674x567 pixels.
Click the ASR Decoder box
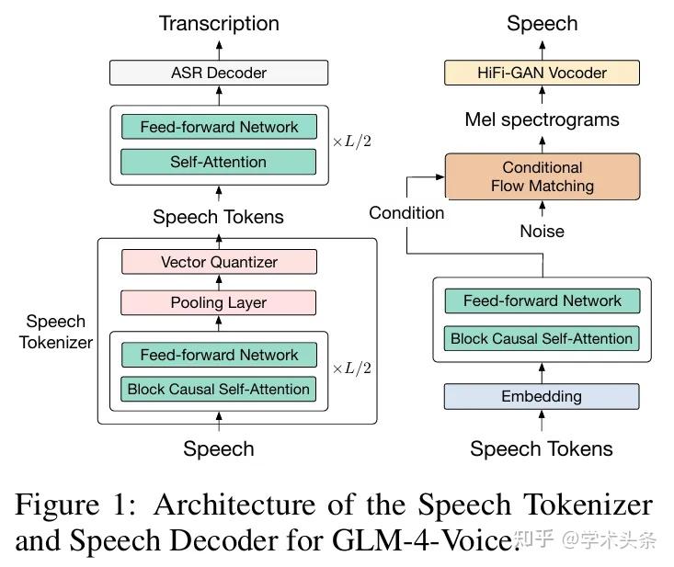point(218,73)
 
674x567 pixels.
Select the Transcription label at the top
point(219,23)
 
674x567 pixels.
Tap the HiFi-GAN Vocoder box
point(542,73)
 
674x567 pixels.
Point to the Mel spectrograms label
point(542,119)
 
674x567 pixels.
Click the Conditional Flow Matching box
point(542,176)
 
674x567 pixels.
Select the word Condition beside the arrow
point(406,213)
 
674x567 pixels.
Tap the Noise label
point(542,232)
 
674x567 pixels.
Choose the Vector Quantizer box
point(218,262)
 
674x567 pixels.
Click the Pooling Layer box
point(218,302)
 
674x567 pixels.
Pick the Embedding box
point(542,396)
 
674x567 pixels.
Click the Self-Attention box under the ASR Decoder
point(218,162)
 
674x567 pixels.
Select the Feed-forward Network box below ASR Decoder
point(218,127)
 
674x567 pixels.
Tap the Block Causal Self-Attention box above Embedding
point(542,338)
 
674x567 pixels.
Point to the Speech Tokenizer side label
point(57,332)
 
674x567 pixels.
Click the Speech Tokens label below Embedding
point(542,448)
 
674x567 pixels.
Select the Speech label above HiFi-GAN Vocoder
point(542,23)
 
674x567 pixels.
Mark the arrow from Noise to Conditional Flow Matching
point(542,210)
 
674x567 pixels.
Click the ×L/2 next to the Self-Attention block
point(351,143)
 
